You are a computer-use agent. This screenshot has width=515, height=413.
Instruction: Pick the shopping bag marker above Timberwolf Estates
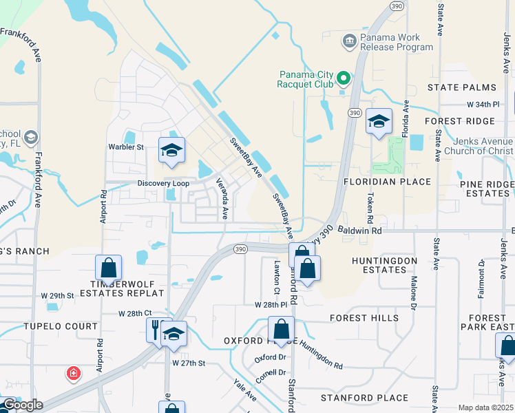click(x=108, y=268)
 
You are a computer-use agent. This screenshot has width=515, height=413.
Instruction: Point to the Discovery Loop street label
click(x=163, y=183)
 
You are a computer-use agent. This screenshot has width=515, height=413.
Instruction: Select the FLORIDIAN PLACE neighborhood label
click(x=388, y=182)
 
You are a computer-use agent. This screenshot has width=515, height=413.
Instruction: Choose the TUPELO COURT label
click(x=53, y=326)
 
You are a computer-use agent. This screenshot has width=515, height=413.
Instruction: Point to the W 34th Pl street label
click(x=482, y=104)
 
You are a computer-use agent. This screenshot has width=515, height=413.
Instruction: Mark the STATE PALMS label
click(x=461, y=87)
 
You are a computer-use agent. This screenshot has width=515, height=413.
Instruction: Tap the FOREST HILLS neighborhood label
click(x=364, y=318)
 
